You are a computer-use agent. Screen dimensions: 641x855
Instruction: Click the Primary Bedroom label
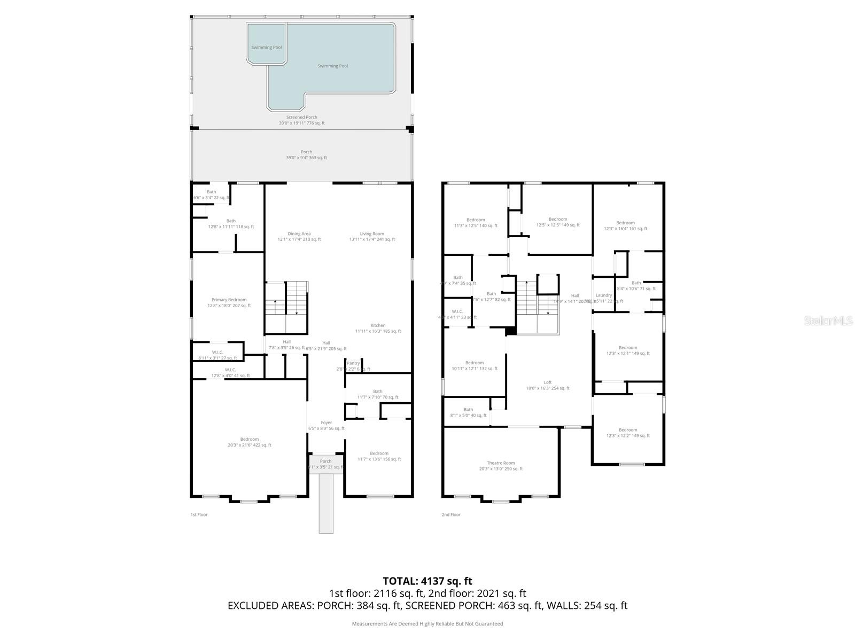(229, 300)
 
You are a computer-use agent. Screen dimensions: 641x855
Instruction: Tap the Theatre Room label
(501, 463)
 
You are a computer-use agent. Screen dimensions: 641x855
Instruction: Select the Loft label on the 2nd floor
(548, 382)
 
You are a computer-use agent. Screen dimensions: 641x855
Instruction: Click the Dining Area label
(299, 234)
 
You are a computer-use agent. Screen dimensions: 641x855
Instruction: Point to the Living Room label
(371, 234)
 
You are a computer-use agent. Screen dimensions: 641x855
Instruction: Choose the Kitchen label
(378, 326)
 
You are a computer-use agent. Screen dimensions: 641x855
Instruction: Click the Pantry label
(353, 363)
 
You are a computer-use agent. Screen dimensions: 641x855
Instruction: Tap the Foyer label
(326, 423)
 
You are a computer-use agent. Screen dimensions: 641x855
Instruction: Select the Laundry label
(603, 295)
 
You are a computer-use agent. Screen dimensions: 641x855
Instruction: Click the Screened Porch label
(301, 118)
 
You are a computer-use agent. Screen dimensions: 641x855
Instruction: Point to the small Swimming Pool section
(266, 48)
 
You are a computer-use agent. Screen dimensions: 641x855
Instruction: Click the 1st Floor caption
(199, 515)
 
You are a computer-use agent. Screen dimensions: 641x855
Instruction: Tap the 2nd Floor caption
(450, 515)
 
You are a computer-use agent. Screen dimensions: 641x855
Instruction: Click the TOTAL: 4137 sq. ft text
(427, 581)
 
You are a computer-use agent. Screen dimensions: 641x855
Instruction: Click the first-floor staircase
(287, 307)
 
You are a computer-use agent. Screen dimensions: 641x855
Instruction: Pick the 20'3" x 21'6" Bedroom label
(249, 440)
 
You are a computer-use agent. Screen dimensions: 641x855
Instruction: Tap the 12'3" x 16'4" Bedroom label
(625, 223)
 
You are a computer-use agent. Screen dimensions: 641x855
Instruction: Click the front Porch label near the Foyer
(325, 462)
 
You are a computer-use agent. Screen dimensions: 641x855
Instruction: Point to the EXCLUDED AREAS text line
(427, 606)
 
